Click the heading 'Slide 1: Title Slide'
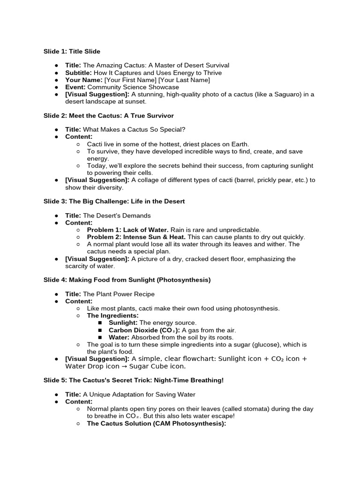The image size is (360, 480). click(72, 51)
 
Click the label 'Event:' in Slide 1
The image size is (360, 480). click(75, 87)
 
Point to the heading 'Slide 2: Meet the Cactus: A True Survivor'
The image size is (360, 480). click(109, 115)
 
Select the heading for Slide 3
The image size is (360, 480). click(114, 201)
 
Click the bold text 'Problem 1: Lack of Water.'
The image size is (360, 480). click(128, 230)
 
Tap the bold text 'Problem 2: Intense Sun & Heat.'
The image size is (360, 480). click(136, 237)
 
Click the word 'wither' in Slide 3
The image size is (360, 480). click(275, 244)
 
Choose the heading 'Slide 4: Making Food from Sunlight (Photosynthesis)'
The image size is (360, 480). click(127, 280)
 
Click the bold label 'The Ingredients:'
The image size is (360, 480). click(112, 315)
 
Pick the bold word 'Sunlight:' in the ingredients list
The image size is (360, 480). click(123, 322)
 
